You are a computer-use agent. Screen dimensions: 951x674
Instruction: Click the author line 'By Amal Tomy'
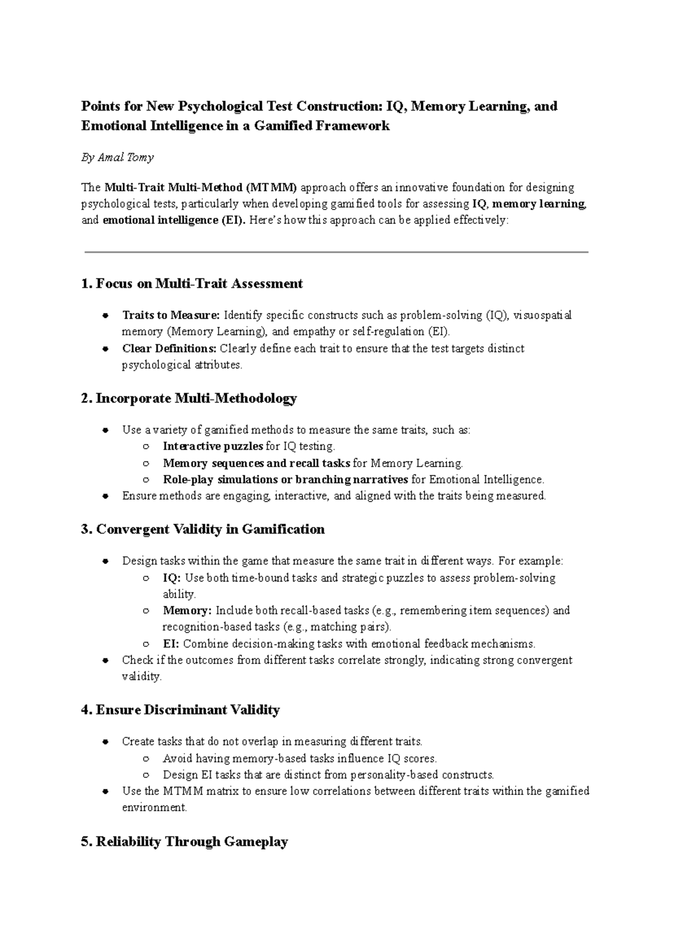click(117, 158)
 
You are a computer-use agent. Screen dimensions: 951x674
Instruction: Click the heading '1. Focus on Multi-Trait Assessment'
click(192, 284)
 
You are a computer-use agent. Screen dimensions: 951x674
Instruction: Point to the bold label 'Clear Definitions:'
click(169, 348)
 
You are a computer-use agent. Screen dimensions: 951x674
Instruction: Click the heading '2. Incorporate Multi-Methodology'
click(189, 399)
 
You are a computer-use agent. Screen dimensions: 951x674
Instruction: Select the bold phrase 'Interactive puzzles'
click(213, 446)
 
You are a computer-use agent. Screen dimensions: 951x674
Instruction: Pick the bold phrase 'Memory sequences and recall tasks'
click(257, 463)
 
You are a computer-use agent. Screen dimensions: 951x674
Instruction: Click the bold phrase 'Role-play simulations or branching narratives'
click(285, 479)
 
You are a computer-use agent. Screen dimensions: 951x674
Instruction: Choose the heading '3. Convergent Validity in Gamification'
click(203, 529)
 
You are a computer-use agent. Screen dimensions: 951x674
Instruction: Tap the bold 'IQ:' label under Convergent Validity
click(172, 578)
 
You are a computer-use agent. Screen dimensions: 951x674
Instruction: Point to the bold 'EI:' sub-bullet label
click(171, 643)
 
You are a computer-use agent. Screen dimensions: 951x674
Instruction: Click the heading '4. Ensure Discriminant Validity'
click(180, 710)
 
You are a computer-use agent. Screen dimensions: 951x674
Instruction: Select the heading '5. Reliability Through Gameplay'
click(185, 842)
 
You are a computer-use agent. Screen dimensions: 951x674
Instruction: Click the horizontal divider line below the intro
click(336, 253)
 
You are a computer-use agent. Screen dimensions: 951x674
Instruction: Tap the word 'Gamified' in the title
click(283, 126)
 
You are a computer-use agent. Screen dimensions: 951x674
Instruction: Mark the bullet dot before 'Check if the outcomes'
click(105, 661)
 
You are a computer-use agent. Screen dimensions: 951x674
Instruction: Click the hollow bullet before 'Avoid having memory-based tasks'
click(146, 759)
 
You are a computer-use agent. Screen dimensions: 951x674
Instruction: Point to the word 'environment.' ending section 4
click(154, 808)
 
